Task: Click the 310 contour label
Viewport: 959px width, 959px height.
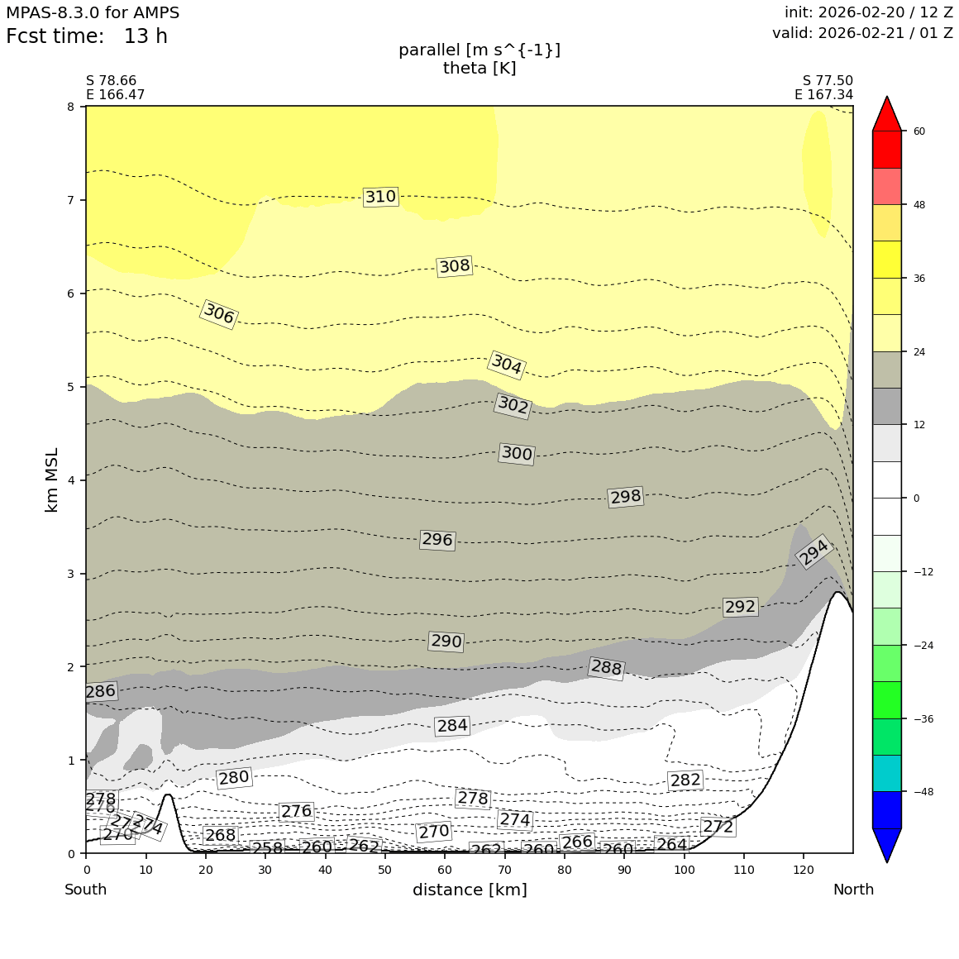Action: tap(380, 197)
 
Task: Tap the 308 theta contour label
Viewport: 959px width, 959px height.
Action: tap(454, 266)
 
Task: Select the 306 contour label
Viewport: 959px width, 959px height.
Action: tap(219, 314)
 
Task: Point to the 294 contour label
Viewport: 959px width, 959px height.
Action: tap(813, 552)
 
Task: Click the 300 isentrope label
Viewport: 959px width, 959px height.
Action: tap(517, 453)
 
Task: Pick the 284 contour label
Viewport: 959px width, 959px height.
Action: tap(452, 726)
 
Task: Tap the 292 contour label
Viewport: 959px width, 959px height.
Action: tap(740, 607)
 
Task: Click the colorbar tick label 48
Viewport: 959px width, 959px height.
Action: tap(918, 205)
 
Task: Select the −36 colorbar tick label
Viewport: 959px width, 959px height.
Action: tap(923, 718)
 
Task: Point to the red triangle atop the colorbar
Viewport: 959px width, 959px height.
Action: tap(887, 115)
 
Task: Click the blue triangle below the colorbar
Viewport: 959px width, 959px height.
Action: tap(887, 844)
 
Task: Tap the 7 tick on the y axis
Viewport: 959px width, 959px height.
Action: tap(70, 200)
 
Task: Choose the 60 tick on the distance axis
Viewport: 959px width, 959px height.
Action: tap(445, 870)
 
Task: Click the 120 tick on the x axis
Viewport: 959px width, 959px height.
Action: tap(803, 870)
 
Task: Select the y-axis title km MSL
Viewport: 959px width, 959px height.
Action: tap(51, 479)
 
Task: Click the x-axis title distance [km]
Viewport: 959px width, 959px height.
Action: tap(470, 890)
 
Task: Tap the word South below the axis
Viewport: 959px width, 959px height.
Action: tap(86, 890)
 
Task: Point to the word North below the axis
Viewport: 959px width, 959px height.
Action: tap(853, 890)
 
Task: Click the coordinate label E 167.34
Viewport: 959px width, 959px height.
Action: tap(823, 95)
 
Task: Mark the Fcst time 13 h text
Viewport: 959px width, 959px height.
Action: tap(87, 36)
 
